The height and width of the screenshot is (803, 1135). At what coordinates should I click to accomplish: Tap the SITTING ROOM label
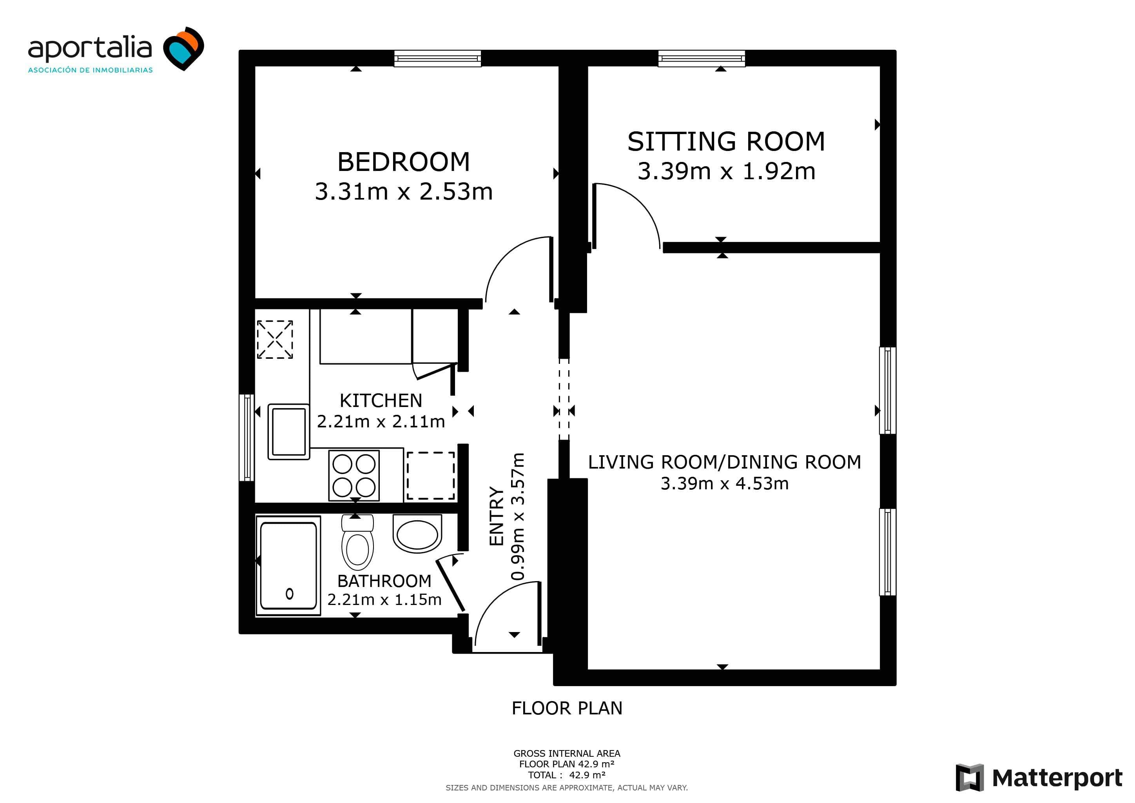point(726,142)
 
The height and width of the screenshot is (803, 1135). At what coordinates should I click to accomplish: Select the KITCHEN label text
point(381,400)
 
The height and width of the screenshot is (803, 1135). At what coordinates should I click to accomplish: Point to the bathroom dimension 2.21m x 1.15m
point(384,599)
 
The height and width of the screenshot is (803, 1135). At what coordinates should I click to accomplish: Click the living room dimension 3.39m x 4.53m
point(725,483)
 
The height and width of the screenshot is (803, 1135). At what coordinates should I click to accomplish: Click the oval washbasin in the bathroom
point(417,534)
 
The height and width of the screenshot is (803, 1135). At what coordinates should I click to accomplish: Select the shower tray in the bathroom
point(288,566)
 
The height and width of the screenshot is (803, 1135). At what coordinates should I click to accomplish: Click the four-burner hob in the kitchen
point(354,475)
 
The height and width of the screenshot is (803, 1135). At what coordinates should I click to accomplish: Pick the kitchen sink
point(289,432)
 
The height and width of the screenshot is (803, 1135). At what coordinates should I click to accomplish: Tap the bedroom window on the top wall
point(437,58)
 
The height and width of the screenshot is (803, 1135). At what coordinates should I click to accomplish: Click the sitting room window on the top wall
point(702,58)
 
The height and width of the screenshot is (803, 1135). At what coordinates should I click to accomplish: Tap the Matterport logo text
point(1057,778)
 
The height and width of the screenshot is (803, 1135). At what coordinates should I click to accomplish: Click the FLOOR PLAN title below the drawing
point(567,708)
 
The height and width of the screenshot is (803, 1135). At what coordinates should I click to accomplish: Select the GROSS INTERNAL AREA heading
point(567,754)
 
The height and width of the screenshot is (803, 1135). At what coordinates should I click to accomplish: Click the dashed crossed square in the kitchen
point(275,339)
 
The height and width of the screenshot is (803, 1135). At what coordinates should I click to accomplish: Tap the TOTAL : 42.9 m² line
point(566,775)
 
